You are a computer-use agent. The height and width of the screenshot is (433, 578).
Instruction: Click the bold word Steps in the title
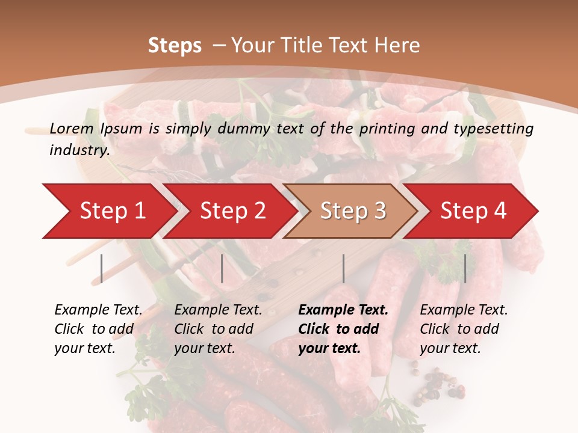click(175, 46)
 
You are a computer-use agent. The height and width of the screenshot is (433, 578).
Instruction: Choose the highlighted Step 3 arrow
click(353, 211)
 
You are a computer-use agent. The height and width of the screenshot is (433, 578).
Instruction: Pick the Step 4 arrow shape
click(473, 211)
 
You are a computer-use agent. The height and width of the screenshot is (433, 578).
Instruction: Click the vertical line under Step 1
click(102, 268)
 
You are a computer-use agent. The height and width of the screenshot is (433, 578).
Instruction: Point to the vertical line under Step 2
click(222, 268)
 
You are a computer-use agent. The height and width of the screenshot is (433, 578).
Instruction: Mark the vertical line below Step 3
click(344, 268)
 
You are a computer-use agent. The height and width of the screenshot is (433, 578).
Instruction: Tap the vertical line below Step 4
click(465, 268)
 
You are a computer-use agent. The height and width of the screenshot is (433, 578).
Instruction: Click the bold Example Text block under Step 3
click(343, 329)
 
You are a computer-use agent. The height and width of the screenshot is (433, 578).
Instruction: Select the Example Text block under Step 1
click(98, 329)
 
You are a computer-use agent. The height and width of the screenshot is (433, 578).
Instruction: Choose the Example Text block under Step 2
click(218, 329)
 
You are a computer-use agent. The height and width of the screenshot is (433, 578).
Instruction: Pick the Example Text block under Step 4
click(464, 329)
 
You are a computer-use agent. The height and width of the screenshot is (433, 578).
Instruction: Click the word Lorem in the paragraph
click(71, 128)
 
